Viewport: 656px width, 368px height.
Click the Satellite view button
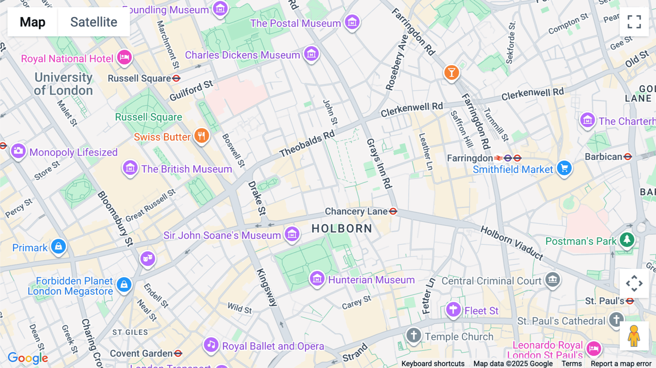pos(94,22)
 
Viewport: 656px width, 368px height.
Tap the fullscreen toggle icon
pos(634,22)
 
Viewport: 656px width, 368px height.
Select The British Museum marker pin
pos(130,168)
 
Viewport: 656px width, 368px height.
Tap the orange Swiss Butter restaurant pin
pos(201,136)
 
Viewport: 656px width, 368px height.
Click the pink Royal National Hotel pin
pos(124,57)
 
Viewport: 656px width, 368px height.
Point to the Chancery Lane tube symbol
pos(393,211)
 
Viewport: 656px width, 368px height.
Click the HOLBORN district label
pos(342,229)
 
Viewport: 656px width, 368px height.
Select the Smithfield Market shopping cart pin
pos(564,168)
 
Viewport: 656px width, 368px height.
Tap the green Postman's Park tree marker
pos(627,240)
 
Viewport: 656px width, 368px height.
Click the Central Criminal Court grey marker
pos(552,280)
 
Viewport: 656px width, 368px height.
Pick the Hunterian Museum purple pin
pos(317,279)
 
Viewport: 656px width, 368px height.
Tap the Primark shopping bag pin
pos(58,247)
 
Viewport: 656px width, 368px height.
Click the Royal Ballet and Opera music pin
pos(211,344)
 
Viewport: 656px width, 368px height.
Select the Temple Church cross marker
pos(414,335)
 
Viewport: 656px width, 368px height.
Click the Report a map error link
pos(621,364)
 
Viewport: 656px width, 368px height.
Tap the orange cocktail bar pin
pos(451,73)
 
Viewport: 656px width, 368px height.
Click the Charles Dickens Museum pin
pos(311,54)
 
